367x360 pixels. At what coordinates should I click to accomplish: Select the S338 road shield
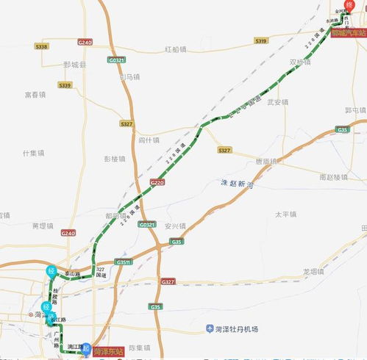click(x=41, y=46)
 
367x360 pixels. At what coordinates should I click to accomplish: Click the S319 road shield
click(x=261, y=42)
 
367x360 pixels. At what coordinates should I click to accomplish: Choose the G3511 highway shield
click(x=123, y=262)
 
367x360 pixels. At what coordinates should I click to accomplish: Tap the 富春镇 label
click(x=35, y=94)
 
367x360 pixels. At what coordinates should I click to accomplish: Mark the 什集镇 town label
click(x=34, y=153)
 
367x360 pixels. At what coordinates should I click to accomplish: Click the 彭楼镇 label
click(x=116, y=158)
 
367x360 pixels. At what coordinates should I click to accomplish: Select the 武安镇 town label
click(x=278, y=102)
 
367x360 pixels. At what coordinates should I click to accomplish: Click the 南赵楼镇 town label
click(x=333, y=177)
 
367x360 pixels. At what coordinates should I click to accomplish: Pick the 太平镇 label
click(x=285, y=215)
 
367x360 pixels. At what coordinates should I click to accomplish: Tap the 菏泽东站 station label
click(x=107, y=350)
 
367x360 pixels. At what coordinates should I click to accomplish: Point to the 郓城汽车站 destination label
click(x=348, y=33)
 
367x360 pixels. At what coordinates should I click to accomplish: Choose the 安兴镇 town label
click(x=174, y=226)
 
